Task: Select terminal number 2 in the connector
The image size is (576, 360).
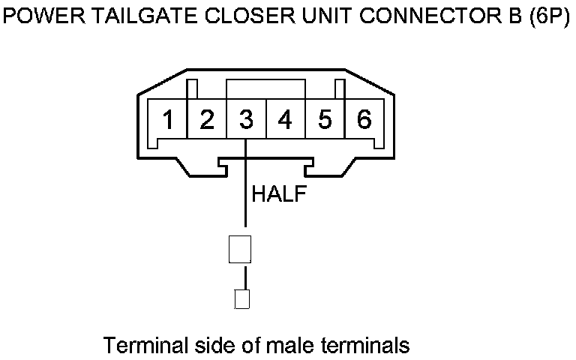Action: [207, 120]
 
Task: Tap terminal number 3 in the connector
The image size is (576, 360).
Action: [246, 120]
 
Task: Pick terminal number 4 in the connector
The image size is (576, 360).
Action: [285, 120]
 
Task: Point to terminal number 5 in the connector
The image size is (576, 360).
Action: [325, 120]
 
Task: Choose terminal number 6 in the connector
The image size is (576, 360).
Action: [364, 120]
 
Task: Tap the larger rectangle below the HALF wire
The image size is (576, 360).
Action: [239, 249]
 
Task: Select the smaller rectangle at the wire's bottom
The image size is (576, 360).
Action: [241, 299]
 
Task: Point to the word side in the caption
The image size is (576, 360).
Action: [204, 346]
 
